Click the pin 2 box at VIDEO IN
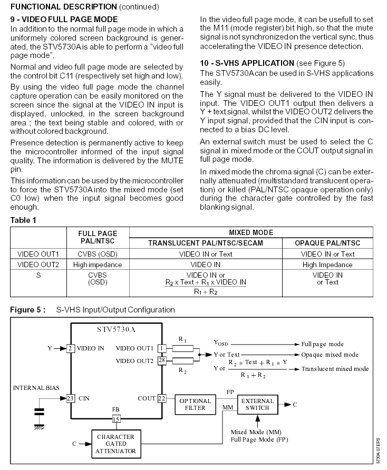point(69,348)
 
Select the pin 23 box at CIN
point(69,399)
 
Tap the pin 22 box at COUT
point(161,399)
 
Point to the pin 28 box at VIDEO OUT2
point(162,360)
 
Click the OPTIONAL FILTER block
point(195,405)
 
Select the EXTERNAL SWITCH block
point(257,405)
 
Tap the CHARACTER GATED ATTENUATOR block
point(115,444)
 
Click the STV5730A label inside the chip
point(115,330)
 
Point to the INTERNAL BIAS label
point(36,388)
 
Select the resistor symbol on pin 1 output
point(183,348)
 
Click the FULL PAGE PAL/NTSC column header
point(97,237)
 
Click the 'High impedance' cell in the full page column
point(97,265)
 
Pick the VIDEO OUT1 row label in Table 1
point(38,254)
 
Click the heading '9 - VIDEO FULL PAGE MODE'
point(64,19)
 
